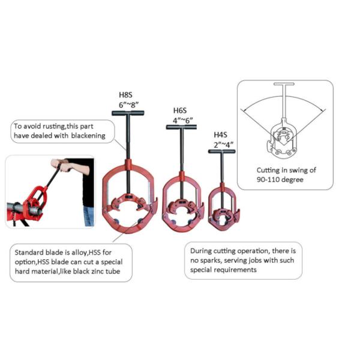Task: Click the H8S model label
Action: pyautogui.click(x=125, y=95)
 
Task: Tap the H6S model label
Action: pyautogui.click(x=180, y=110)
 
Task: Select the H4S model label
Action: pyautogui.click(x=220, y=135)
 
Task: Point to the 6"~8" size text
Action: pyautogui.click(x=128, y=104)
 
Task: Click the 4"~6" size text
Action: pyautogui.click(x=183, y=121)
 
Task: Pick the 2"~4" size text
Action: pyautogui.click(x=223, y=145)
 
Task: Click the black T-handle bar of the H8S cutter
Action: pyautogui.click(x=128, y=113)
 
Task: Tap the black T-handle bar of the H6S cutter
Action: pyautogui.click(x=181, y=127)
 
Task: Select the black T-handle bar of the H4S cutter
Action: pyautogui.click(x=221, y=151)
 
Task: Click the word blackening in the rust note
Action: pyautogui.click(x=88, y=136)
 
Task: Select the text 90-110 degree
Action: pyautogui.click(x=280, y=179)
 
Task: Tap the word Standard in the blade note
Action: pyautogui.click(x=29, y=253)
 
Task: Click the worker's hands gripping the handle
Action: pyautogui.click(x=60, y=165)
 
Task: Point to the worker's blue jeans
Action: pyautogui.click(x=89, y=216)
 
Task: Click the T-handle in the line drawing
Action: pyautogui.click(x=284, y=84)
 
